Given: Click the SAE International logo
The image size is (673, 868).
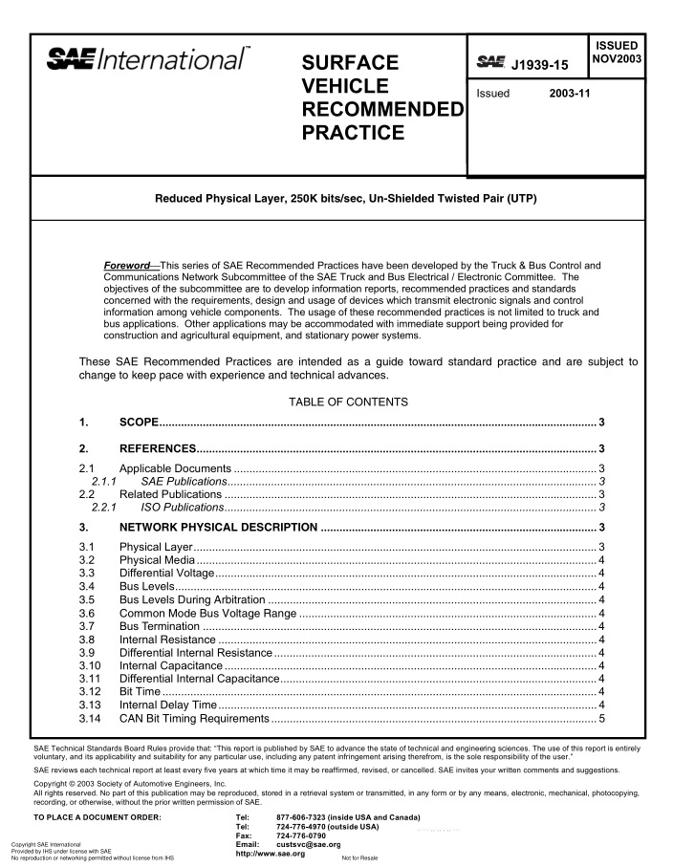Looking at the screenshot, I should click(148, 60).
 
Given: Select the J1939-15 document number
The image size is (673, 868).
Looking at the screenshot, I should click(540, 65).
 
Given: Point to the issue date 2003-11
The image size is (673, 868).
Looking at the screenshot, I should click(569, 94).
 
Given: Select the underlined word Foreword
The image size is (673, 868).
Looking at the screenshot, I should click(127, 264).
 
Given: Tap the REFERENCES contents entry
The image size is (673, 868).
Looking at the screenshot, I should click(158, 447).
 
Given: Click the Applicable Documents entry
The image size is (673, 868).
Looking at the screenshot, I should click(175, 467).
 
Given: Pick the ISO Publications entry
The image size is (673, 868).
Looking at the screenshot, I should click(183, 508).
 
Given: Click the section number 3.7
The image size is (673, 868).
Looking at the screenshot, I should click(87, 625).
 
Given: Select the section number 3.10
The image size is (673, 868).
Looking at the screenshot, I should click(90, 664).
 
